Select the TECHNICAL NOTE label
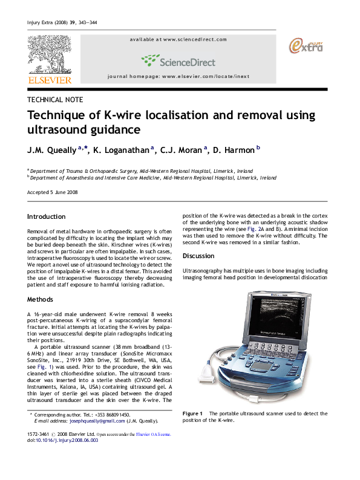click(x=56, y=100)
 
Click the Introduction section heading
click(x=47, y=216)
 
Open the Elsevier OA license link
click(x=153, y=434)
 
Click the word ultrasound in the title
click(x=56, y=129)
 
